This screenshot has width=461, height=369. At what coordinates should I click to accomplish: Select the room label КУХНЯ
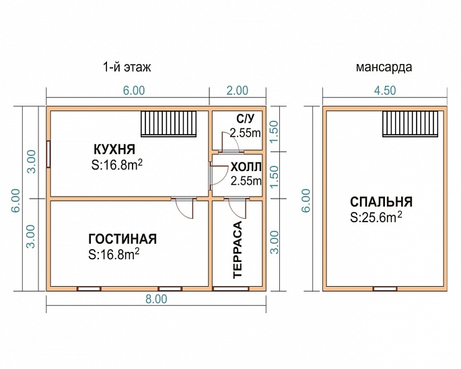point(115,149)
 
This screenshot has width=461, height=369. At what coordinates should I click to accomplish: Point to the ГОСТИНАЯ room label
point(122,239)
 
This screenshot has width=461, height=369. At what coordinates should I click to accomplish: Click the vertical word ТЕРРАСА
point(237,249)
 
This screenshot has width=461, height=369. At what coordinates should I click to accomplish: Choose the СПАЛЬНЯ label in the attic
point(381,202)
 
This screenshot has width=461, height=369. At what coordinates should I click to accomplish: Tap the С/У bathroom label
point(245,120)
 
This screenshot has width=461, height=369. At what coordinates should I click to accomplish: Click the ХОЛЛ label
point(245,167)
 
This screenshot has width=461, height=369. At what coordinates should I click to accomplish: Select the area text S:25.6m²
point(376,217)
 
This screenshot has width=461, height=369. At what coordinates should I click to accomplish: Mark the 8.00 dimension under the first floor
point(156,300)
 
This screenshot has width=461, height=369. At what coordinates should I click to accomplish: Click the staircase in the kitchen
point(170,124)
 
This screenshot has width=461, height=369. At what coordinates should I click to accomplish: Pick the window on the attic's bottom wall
point(384,289)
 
